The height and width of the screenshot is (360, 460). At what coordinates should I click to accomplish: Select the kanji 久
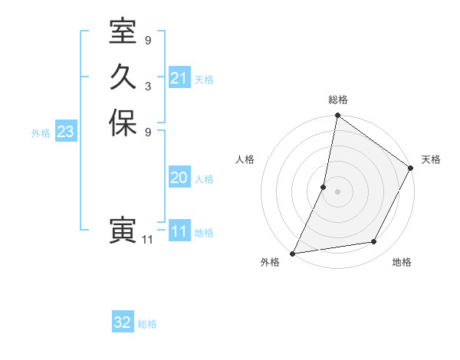click(x=123, y=77)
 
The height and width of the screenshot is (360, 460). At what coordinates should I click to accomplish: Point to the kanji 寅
click(x=123, y=231)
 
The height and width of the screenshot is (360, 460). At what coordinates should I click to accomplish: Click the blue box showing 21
click(x=179, y=78)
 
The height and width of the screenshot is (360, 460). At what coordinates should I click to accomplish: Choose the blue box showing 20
click(x=179, y=178)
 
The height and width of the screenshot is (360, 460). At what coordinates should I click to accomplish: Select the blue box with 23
click(x=66, y=132)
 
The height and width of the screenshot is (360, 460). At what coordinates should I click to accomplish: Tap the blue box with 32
click(x=123, y=322)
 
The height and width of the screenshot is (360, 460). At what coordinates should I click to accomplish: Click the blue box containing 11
click(x=179, y=231)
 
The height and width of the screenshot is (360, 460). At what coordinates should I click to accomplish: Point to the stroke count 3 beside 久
click(x=148, y=86)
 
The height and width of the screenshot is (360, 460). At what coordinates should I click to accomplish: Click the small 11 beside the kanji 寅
click(x=148, y=240)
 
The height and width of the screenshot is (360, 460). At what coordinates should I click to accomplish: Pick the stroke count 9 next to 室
click(x=148, y=40)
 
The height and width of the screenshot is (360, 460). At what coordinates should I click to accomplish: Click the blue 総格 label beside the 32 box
click(x=147, y=324)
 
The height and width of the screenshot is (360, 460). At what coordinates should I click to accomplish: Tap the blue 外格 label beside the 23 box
click(x=41, y=133)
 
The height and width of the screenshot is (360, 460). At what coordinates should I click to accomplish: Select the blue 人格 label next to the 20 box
click(x=204, y=179)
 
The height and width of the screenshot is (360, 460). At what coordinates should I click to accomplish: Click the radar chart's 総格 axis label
click(x=337, y=100)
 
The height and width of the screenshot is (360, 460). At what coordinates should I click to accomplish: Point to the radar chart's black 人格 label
click(x=245, y=159)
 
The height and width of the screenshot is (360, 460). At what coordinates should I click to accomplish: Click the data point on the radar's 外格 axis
click(x=293, y=253)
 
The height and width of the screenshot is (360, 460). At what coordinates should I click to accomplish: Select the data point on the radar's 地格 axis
click(x=374, y=242)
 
